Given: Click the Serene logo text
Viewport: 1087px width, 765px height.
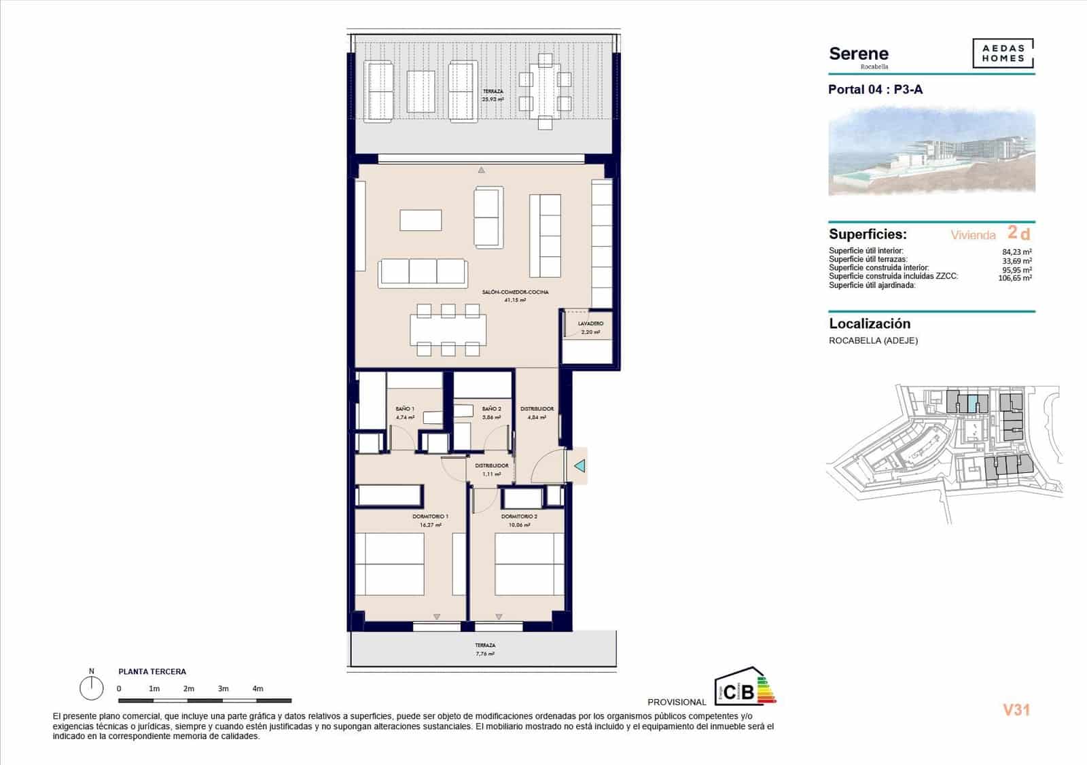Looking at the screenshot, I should [859, 54].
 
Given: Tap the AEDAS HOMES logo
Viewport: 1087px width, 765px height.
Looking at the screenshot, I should [1003, 54].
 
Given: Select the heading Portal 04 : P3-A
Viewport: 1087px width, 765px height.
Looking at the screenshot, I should [875, 90].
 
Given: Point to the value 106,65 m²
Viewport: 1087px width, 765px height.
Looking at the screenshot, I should [1015, 278].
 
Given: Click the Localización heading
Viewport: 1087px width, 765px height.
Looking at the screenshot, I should [870, 324].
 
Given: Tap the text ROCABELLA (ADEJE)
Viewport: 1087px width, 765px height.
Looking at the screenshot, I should [873, 340].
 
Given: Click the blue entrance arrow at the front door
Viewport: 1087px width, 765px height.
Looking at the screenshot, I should [580, 466].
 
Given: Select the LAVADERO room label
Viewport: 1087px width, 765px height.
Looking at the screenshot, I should [590, 324].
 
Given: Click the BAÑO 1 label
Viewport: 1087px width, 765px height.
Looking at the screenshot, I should [405, 409].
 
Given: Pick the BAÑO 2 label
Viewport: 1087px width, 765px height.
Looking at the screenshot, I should [491, 409].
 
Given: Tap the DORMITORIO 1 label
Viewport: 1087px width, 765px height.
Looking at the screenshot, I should [430, 517].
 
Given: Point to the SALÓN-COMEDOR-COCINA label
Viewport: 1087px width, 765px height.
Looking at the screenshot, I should [515, 292].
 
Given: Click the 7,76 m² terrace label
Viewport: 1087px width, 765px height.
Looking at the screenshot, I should [485, 654].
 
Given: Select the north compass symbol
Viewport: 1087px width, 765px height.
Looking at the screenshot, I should [91, 688].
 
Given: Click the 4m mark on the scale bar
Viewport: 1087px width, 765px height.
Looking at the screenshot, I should [257, 689].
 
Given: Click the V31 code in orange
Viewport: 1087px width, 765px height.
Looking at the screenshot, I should [1016, 710].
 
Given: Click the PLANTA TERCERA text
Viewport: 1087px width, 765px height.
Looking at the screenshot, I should [152, 672].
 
